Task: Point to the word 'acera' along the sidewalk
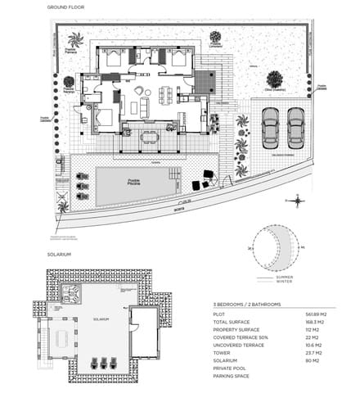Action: (x=178, y=207)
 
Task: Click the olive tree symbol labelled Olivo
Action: (x=272, y=80)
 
